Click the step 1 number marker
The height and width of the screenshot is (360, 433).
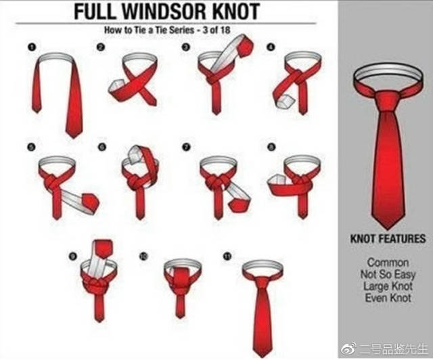(x=32, y=47)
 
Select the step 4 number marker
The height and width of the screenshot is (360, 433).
(x=271, y=47)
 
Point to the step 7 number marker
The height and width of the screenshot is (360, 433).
(x=186, y=147)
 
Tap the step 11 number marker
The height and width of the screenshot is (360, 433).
(x=227, y=256)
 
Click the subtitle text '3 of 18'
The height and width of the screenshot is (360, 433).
(x=216, y=30)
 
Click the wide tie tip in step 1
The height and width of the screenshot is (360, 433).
(x=74, y=132)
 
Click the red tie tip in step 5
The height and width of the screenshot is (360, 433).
(x=91, y=204)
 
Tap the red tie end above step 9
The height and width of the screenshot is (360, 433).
(x=104, y=249)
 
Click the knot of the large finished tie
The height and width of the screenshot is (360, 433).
(x=388, y=101)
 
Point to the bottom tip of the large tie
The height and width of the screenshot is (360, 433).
(x=388, y=229)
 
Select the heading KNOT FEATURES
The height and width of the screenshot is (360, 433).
(x=388, y=240)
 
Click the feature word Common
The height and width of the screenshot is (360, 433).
(x=388, y=262)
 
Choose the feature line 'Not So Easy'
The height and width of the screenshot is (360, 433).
(x=388, y=275)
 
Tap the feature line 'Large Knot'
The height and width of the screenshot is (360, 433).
(x=388, y=286)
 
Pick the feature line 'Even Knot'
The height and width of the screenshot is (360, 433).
(x=388, y=298)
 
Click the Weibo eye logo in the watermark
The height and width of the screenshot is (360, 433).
(x=349, y=349)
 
